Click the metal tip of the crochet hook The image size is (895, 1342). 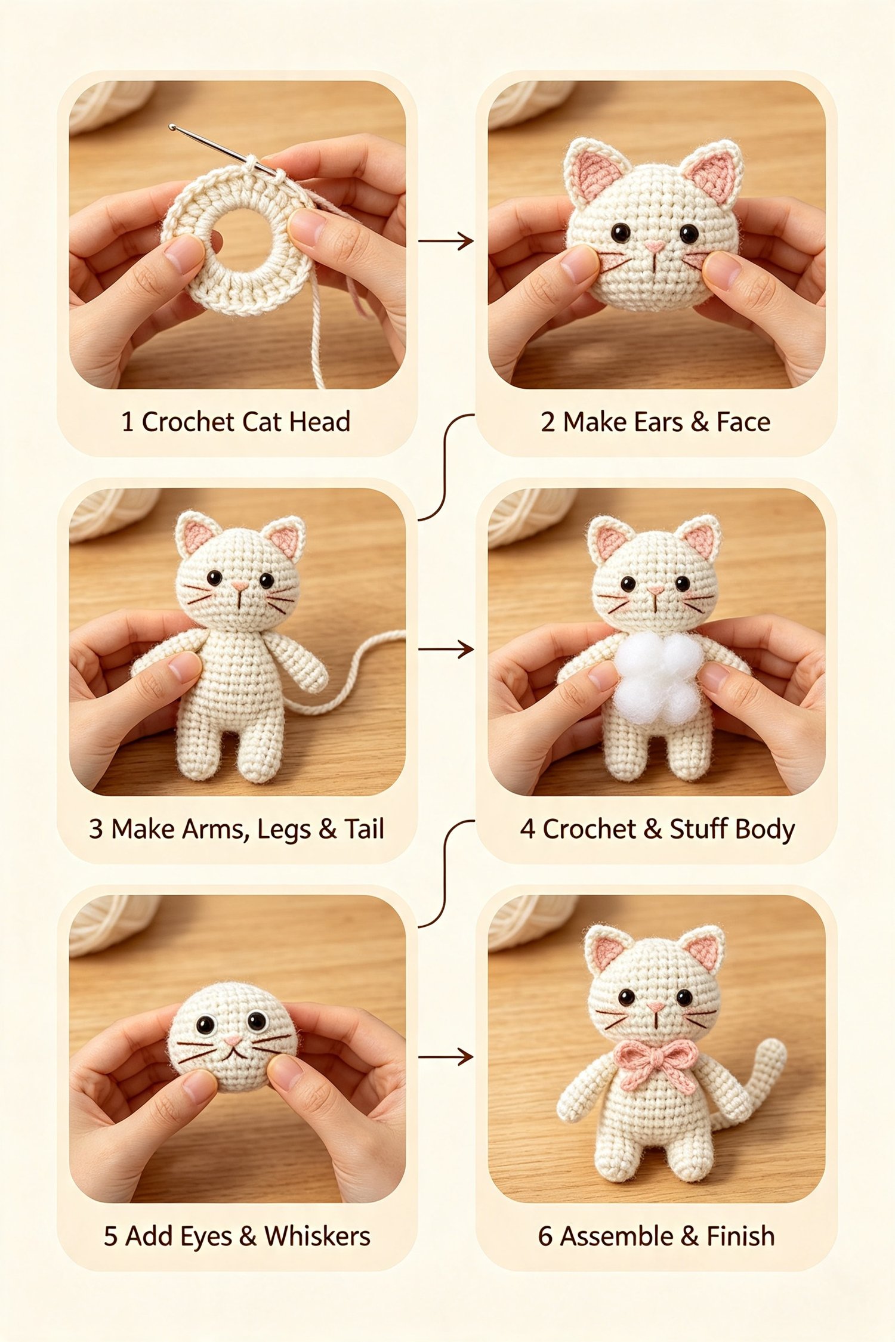(172, 128)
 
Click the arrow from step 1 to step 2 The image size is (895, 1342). (446, 241)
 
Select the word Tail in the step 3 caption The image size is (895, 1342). (363, 829)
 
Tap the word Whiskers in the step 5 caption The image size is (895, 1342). (317, 1236)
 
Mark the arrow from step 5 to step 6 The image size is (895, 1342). (446, 1057)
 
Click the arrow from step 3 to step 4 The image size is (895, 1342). (446, 649)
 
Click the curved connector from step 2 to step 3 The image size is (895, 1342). (445, 467)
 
